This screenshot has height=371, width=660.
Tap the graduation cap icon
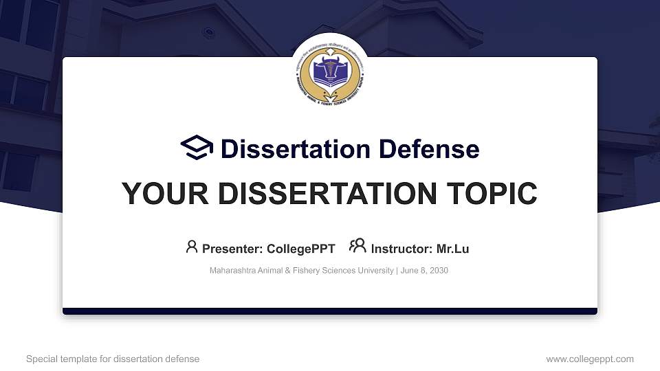click(x=197, y=148)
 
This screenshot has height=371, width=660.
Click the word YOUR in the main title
click(x=160, y=194)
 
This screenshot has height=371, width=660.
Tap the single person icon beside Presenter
click(x=192, y=247)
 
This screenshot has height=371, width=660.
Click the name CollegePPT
click(x=302, y=249)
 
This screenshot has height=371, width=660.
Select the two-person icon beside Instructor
click(x=357, y=247)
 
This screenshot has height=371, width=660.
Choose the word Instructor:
click(x=401, y=249)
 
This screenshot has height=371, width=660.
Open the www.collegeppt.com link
click(x=590, y=359)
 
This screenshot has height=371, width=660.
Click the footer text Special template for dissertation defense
click(x=113, y=359)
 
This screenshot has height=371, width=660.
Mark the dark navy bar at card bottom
click(x=330, y=311)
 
